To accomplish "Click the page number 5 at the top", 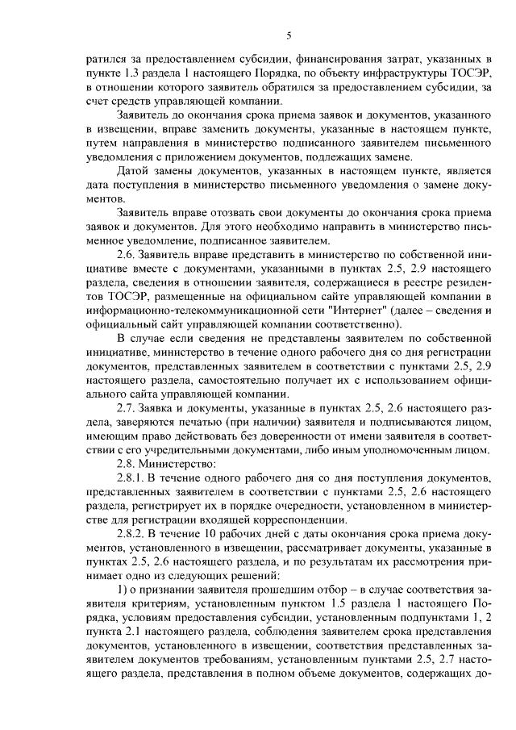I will pos(289,35).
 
